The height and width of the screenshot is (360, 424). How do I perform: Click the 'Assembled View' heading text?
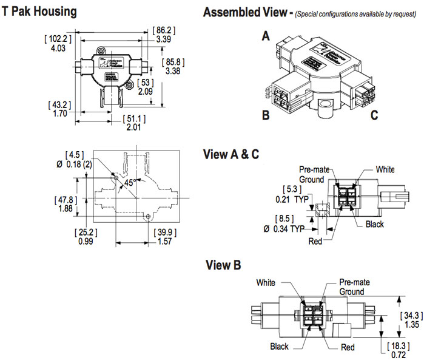coord(243,12)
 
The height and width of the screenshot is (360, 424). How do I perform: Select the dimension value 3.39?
coord(164,39)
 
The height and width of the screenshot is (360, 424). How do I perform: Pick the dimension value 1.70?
coord(58,113)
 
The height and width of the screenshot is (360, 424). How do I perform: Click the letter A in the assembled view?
coord(265,36)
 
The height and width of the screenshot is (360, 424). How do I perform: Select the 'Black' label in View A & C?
coord(375,224)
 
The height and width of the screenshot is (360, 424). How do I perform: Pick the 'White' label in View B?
coord(266,282)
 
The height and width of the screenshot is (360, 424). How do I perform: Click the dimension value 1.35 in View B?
coord(411,325)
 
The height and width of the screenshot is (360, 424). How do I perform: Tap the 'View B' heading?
coord(223,265)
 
